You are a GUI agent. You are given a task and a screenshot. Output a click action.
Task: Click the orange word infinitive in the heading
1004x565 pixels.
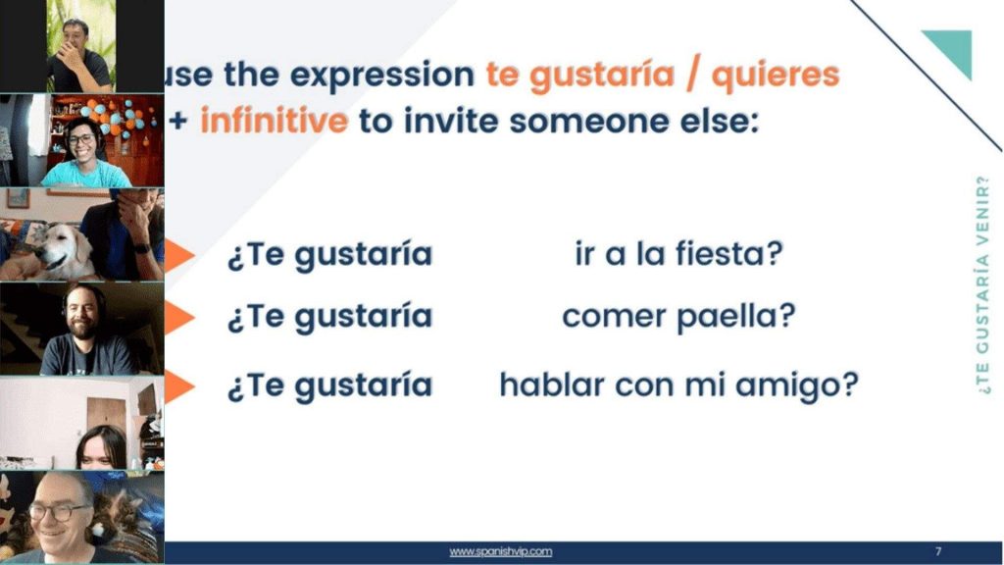pyautogui.click(x=274, y=122)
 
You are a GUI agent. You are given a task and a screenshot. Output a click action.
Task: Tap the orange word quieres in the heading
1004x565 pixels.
pyautogui.click(x=776, y=75)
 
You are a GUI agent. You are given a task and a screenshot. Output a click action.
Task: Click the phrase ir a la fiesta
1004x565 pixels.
pyautogui.click(x=678, y=254)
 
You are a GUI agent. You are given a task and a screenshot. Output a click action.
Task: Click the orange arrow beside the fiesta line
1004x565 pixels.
pyautogui.click(x=178, y=255)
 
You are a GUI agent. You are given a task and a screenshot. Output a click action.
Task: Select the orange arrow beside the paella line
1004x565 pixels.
pyautogui.click(x=178, y=317)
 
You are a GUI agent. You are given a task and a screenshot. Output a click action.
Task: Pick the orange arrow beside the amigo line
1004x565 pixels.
pyautogui.click(x=178, y=385)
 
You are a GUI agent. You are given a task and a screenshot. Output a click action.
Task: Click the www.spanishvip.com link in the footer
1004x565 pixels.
pyautogui.click(x=501, y=552)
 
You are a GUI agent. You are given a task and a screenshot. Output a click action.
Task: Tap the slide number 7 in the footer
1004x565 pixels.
pyautogui.click(x=938, y=552)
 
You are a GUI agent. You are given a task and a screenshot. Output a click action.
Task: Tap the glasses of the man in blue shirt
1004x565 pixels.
pyautogui.click(x=81, y=139)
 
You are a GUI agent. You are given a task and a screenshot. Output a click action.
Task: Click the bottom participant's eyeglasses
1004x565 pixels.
pyautogui.click(x=59, y=510)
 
